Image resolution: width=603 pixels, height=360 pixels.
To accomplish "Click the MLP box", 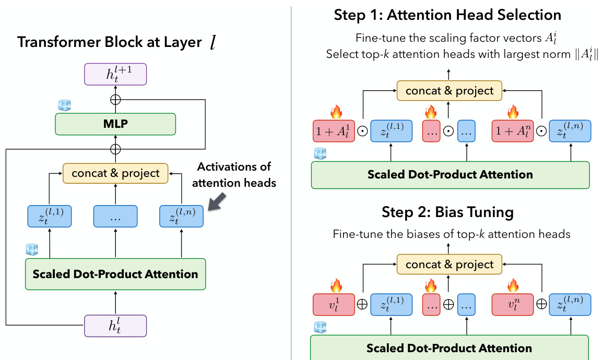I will tap(115, 125).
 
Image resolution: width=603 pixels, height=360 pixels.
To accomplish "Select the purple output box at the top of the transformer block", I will tap(115, 75).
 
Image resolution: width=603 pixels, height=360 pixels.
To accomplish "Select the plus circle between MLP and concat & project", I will tap(115, 149).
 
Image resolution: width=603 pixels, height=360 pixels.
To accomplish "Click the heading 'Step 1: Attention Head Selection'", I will tap(447, 15).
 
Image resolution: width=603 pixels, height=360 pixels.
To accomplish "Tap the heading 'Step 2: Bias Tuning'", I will tap(447, 212).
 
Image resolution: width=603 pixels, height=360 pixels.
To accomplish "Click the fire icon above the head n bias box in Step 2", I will tap(513, 285).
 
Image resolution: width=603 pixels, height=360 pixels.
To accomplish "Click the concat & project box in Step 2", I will tap(449, 265).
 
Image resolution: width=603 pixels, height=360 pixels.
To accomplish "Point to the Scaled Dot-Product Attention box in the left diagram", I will tap(115, 274).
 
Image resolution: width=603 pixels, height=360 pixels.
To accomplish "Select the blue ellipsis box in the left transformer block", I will tap(115, 217).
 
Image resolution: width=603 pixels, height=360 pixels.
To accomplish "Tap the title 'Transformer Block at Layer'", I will tap(110, 42).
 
